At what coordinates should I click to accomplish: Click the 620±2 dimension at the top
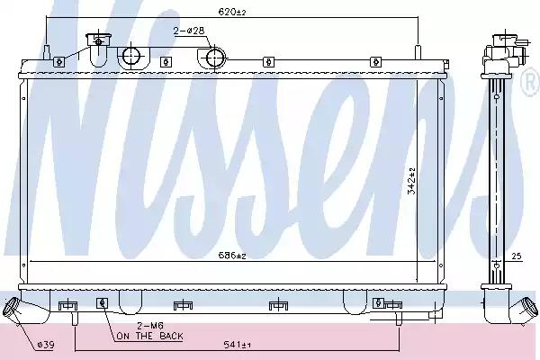tap(232, 12)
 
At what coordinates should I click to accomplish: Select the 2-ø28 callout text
tap(189, 31)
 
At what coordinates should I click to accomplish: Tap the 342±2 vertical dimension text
tap(411, 182)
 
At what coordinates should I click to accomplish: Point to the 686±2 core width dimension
tap(232, 256)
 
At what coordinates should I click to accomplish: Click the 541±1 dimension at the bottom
tap(237, 345)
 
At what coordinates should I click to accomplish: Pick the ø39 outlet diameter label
tap(46, 345)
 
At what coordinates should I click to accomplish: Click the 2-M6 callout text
tap(150, 326)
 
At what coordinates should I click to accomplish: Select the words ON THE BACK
tap(149, 336)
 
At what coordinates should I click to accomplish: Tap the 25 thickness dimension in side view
tap(517, 256)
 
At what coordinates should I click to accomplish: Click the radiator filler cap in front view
tap(98, 40)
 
